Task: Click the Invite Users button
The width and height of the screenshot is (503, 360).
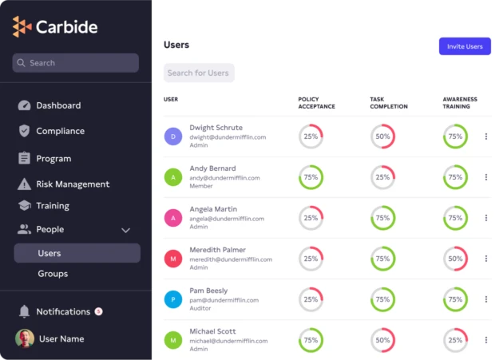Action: pos(465,46)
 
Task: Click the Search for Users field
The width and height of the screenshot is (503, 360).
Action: pos(199,73)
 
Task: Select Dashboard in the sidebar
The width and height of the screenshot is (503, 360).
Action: pos(57,105)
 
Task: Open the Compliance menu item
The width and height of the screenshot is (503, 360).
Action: pos(60,131)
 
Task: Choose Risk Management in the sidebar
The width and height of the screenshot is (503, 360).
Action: pos(72,184)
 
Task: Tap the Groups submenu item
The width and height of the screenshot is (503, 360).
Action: pos(53,274)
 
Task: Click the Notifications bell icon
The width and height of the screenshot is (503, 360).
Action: pos(24,311)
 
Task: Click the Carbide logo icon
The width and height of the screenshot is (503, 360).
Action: pos(22,26)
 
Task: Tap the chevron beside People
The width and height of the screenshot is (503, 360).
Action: pos(125,230)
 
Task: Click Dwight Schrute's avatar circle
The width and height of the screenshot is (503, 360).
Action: pos(173,136)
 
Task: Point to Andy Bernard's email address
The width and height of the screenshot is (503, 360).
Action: pos(224,178)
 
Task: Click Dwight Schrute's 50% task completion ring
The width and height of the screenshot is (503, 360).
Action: pos(382,136)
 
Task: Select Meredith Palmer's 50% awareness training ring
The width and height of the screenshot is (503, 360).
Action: pos(455,259)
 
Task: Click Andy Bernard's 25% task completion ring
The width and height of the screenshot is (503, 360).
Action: pos(382,177)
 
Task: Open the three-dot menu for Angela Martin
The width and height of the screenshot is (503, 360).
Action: pos(485,218)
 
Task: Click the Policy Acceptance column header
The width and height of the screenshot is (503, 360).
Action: pos(317,103)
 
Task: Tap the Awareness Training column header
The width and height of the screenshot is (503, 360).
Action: pos(460,103)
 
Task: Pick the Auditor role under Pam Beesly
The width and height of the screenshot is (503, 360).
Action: pos(201,309)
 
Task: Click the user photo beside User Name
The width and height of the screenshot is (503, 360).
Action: pos(25,338)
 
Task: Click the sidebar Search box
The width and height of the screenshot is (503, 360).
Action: pos(76,63)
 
